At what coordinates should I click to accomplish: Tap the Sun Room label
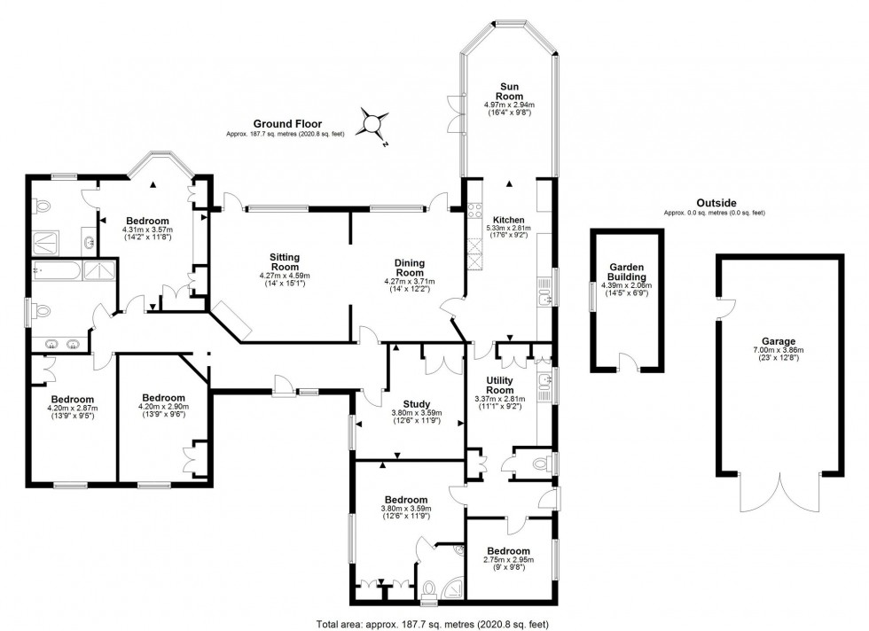(x=509, y=91)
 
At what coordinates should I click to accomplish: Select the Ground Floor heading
(x=287, y=124)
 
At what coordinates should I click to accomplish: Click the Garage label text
(x=779, y=342)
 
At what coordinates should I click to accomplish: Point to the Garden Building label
(x=627, y=272)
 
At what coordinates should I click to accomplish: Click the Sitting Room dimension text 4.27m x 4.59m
(x=285, y=276)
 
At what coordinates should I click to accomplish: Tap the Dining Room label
(x=410, y=268)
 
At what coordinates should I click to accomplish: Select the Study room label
(x=416, y=404)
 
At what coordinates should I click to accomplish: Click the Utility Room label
(x=499, y=385)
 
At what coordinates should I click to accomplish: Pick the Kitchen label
(x=508, y=220)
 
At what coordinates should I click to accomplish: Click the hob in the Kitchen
(x=475, y=211)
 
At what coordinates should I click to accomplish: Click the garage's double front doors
(x=780, y=493)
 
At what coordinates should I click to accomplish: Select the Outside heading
(x=716, y=203)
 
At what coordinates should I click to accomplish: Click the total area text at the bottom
(x=432, y=624)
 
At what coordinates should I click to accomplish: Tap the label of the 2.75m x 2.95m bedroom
(x=508, y=551)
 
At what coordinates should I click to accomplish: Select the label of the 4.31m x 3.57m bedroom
(x=147, y=221)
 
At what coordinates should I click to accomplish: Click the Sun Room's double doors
(x=457, y=113)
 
